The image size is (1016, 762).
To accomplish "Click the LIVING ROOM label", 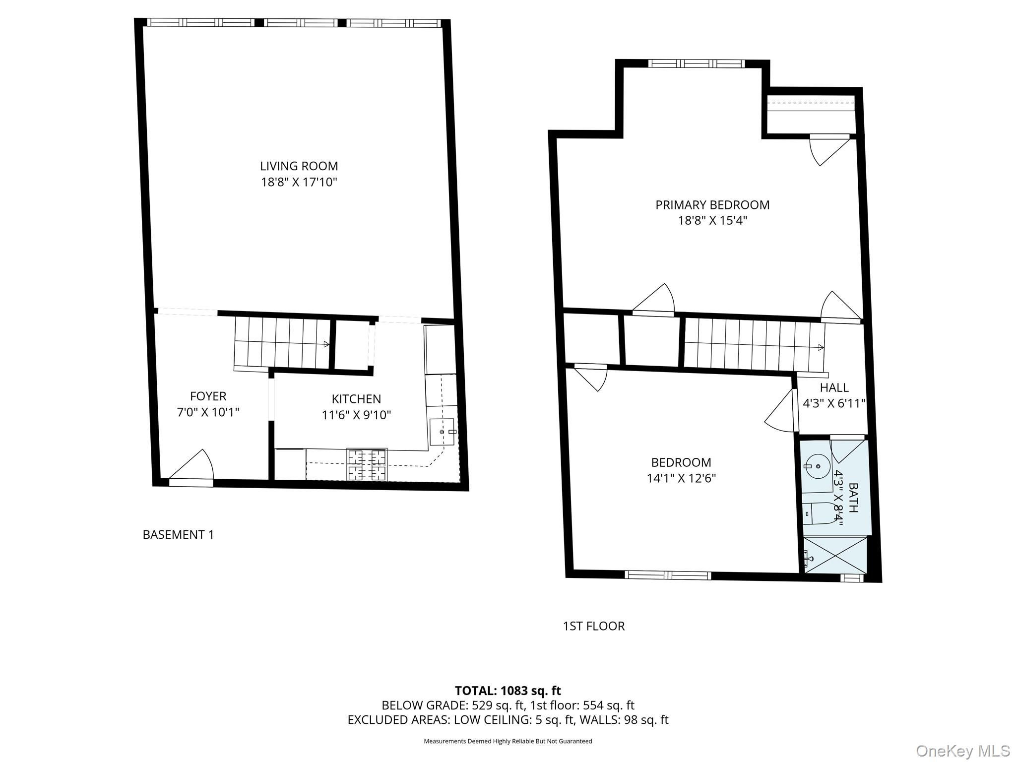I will click(299, 166).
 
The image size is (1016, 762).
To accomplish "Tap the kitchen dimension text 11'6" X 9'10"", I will click(356, 415).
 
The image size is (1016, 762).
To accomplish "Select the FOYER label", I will click(208, 396).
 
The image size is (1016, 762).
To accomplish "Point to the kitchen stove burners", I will click(367, 465).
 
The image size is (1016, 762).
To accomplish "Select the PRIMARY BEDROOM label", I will click(712, 205).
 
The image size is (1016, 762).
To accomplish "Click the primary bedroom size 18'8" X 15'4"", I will click(712, 221).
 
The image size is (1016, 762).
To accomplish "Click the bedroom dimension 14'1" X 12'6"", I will click(681, 478).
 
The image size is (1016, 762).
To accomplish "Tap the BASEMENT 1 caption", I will click(178, 535).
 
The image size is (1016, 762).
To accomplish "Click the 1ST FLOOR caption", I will click(593, 626).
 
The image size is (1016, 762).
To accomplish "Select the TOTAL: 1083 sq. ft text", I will click(508, 691).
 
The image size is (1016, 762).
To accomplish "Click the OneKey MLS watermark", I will click(962, 750).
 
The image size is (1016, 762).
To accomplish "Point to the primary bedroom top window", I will click(696, 63).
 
